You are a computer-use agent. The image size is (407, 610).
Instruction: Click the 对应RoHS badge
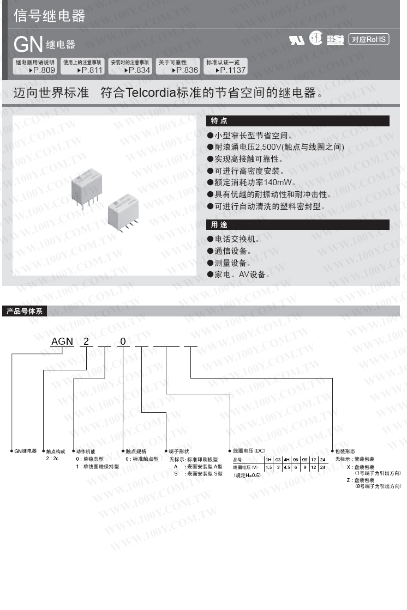coord(368,39)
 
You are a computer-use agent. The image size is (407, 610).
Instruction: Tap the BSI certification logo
coord(334,39)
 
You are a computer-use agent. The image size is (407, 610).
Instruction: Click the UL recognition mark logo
coord(297,40)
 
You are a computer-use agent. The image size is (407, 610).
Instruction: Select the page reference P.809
coord(43,70)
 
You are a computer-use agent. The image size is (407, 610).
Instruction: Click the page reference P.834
coord(137,70)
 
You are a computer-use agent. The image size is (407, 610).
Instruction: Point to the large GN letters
coord(28,44)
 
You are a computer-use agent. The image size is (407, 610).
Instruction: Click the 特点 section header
coord(219,121)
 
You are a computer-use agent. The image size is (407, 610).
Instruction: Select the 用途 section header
coord(219,224)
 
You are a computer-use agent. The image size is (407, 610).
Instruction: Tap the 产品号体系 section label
coord(25,312)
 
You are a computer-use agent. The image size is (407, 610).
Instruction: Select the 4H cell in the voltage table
coord(286,460)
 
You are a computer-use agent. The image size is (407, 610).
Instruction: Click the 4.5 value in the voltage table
coord(286,467)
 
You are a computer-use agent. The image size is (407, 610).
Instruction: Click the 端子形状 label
coord(179,452)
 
